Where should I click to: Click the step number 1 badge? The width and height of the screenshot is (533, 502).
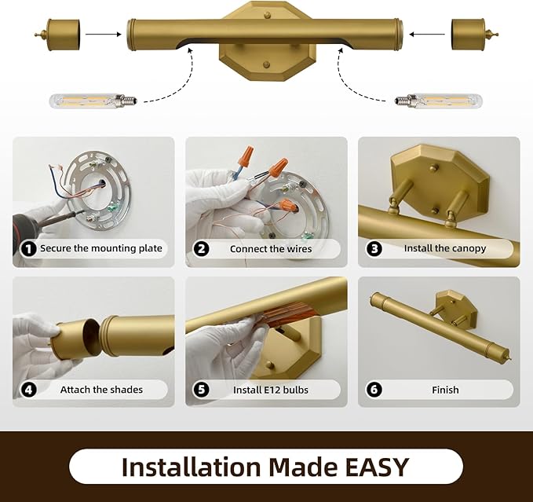pyautogui.click(x=28, y=249)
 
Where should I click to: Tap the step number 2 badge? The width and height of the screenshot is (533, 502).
pyautogui.click(x=201, y=249)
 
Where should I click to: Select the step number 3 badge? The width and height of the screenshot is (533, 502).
pyautogui.click(x=374, y=249)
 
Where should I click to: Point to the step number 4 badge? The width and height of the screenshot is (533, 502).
pyautogui.click(x=28, y=390)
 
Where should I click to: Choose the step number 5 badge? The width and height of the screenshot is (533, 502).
pyautogui.click(x=201, y=390)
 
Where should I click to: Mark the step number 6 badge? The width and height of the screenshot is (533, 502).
pyautogui.click(x=374, y=390)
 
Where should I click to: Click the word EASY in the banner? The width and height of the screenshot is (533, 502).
pyautogui.click(x=377, y=467)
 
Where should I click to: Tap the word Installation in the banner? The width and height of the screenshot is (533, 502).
pyautogui.click(x=191, y=467)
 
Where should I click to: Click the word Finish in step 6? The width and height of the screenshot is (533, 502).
pyautogui.click(x=445, y=390)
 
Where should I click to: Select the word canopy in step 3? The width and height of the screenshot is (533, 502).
pyautogui.click(x=469, y=249)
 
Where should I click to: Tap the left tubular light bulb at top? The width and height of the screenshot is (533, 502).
pyautogui.click(x=93, y=101)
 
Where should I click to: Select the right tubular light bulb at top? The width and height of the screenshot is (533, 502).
pyautogui.click(x=439, y=101)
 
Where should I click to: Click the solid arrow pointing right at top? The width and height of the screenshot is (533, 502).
pyautogui.click(x=104, y=34)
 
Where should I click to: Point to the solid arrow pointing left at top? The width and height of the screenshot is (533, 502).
pyautogui.click(x=427, y=34)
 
